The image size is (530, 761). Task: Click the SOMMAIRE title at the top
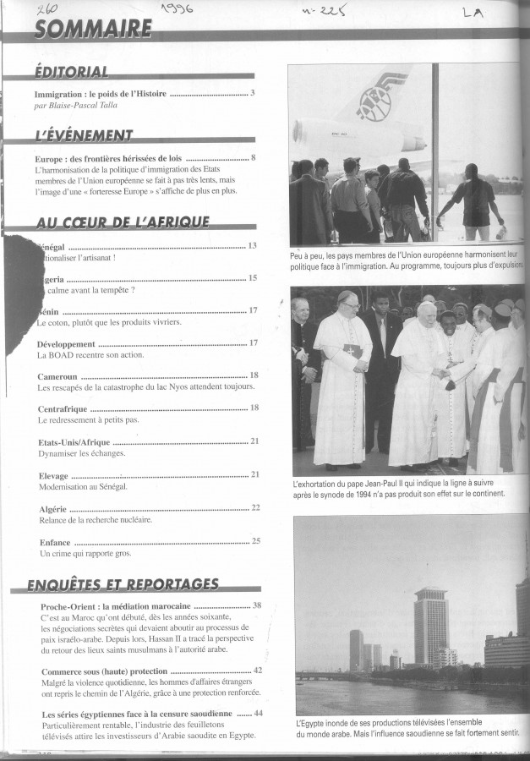click(94, 30)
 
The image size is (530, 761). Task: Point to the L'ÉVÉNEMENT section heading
click(84, 135)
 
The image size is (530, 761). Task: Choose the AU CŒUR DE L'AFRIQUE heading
click(123, 222)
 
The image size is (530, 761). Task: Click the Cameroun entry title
click(58, 375)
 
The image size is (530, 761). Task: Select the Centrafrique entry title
click(63, 408)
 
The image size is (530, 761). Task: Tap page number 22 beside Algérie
click(255, 507)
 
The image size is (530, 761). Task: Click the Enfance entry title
click(55, 540)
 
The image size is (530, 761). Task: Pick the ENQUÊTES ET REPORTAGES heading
click(123, 584)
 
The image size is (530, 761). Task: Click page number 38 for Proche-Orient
click(257, 605)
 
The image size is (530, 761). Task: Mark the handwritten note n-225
click(314, 9)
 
